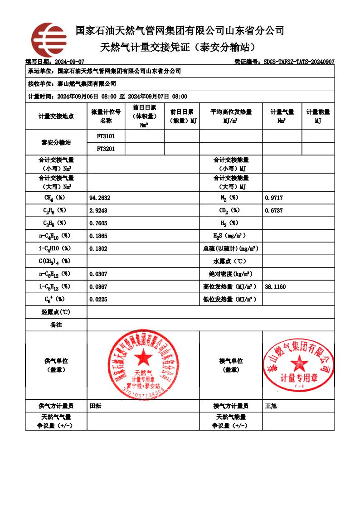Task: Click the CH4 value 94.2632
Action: tap(100, 198)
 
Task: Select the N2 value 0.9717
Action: tap(273, 198)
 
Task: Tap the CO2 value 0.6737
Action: tap(273, 211)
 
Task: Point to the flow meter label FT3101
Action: tap(106, 136)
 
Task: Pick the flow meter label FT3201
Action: tap(106, 148)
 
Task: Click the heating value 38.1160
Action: tap(275, 287)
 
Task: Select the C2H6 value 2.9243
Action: tap(98, 211)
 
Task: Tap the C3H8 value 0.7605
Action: tap(98, 223)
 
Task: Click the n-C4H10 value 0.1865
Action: tap(98, 236)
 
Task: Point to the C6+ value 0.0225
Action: tap(98, 299)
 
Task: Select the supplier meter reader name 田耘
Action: tap(96, 406)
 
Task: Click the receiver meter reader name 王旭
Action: tap(271, 406)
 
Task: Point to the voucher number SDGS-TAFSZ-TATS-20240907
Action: tap(299, 62)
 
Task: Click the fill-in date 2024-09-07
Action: tap(69, 62)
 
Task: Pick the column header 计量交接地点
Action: tap(56, 116)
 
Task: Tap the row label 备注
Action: tap(56, 325)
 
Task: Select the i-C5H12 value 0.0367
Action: tap(98, 287)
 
